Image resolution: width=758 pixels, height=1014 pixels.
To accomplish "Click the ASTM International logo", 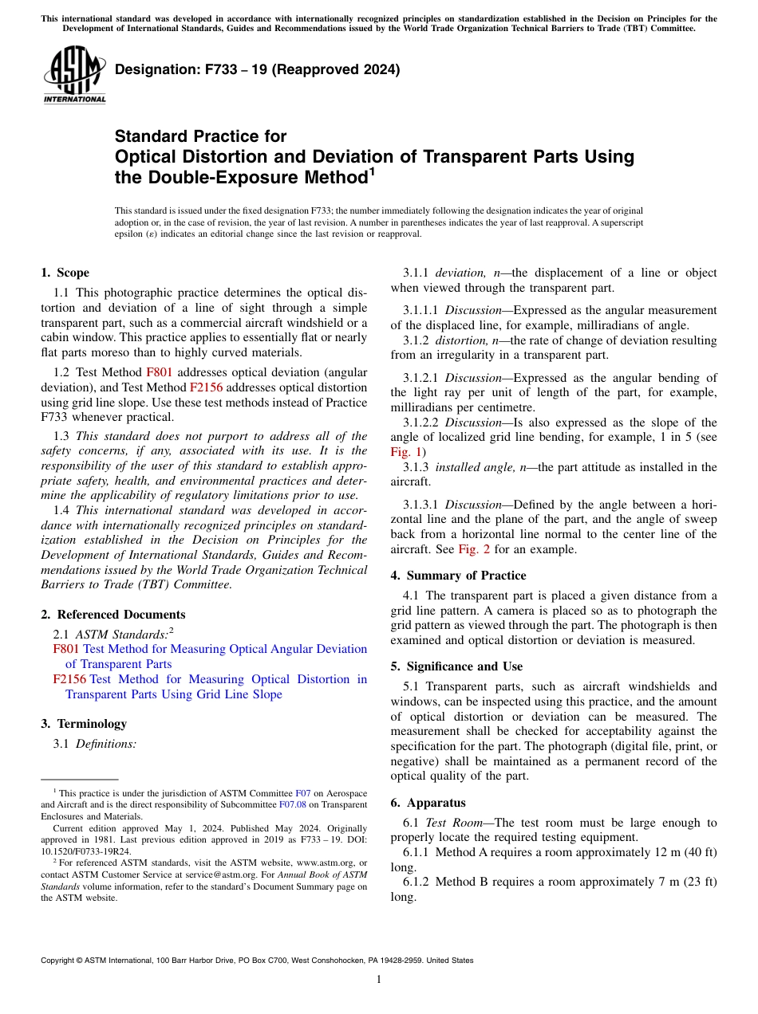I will (x=74, y=75).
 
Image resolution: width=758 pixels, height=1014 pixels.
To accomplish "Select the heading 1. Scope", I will (x=65, y=273).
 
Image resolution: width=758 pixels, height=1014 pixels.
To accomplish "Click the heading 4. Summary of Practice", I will (x=458, y=576).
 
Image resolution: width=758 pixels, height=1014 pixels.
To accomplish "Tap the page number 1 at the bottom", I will (x=379, y=979).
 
